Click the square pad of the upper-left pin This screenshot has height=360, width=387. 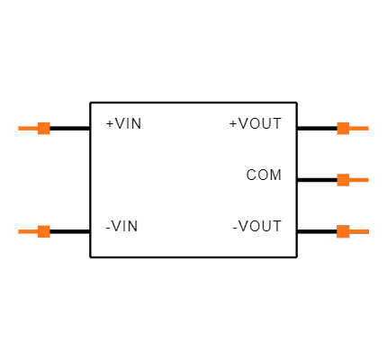click(x=43, y=128)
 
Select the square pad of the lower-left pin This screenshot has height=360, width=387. click(x=43, y=231)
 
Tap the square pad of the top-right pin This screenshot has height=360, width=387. click(x=343, y=128)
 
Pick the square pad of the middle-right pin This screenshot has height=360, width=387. click(x=343, y=180)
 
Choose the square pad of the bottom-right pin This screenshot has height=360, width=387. click(x=343, y=231)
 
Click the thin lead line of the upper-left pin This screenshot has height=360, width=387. click(x=27, y=128)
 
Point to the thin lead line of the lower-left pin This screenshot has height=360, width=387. click(x=27, y=231)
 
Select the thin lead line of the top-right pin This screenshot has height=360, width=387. click(x=359, y=128)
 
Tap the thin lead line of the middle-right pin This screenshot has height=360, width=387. click(x=359, y=180)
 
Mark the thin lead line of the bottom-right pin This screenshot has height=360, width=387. click(x=359, y=231)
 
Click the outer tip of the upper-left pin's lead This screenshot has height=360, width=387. click(x=19, y=128)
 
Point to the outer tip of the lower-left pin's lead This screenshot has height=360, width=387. click(x=19, y=231)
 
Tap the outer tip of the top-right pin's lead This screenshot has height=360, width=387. click(x=368, y=128)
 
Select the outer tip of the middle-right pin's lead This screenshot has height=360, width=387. click(x=368, y=180)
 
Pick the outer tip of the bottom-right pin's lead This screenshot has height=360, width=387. click(x=368, y=231)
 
